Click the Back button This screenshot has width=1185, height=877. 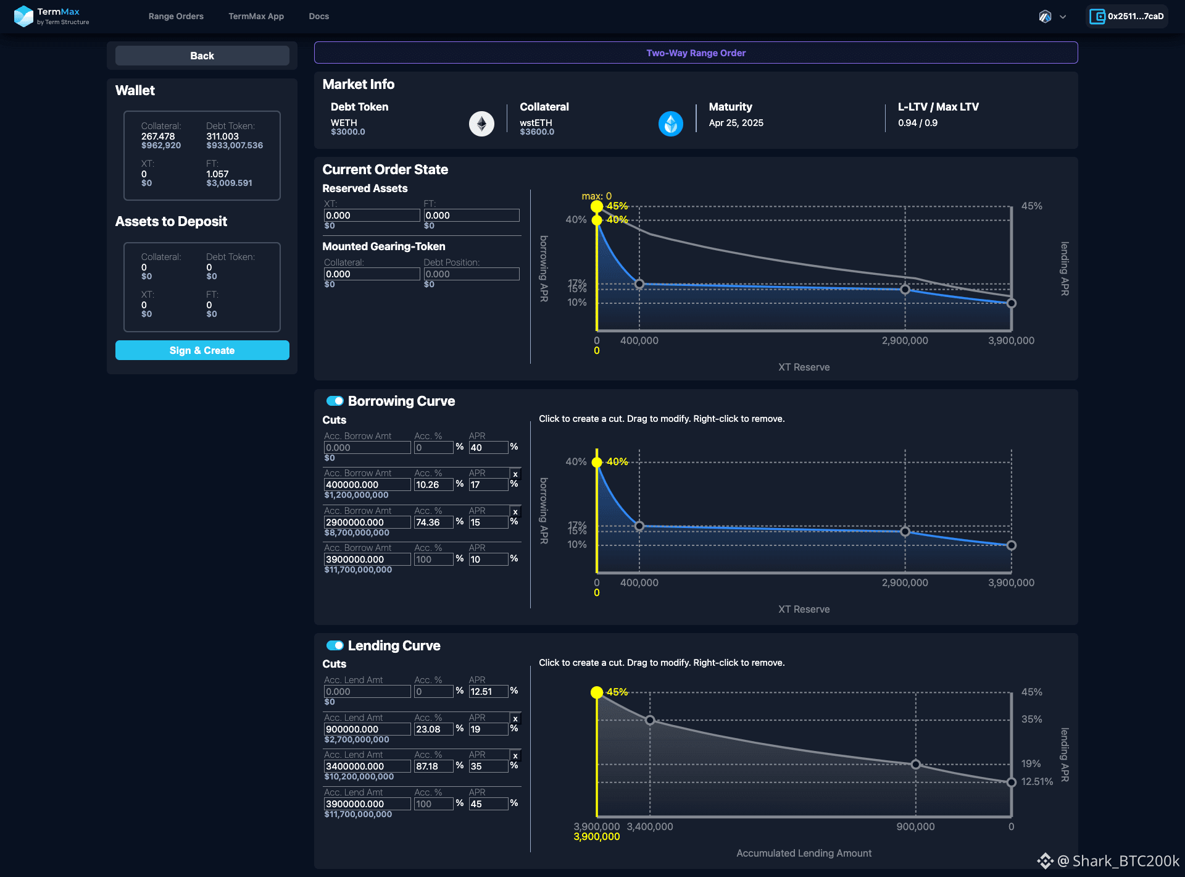click(x=202, y=56)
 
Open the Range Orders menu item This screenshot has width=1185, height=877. click(x=176, y=16)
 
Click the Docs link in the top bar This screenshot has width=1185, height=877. click(x=319, y=16)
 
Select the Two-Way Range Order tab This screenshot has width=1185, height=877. click(x=696, y=52)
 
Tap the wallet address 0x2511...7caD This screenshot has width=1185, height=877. click(x=1127, y=16)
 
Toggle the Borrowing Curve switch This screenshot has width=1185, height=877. click(x=335, y=401)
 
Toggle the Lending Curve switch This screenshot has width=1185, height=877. click(x=335, y=645)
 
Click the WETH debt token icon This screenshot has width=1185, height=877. click(x=481, y=124)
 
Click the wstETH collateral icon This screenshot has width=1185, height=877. click(x=671, y=124)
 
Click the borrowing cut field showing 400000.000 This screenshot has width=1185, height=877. click(x=367, y=485)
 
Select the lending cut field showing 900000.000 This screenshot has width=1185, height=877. click(x=367, y=729)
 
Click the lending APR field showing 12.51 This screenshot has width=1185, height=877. click(x=488, y=692)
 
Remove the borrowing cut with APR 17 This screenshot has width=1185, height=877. click(x=515, y=474)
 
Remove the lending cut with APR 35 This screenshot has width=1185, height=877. click(x=515, y=756)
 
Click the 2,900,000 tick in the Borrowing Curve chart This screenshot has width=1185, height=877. click(x=905, y=582)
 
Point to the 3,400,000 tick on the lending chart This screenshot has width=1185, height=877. click(x=650, y=826)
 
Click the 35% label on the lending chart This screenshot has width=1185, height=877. click(x=1031, y=719)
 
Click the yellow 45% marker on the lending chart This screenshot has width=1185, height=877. click(x=597, y=692)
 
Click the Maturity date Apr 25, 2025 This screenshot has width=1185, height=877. click(x=736, y=123)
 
